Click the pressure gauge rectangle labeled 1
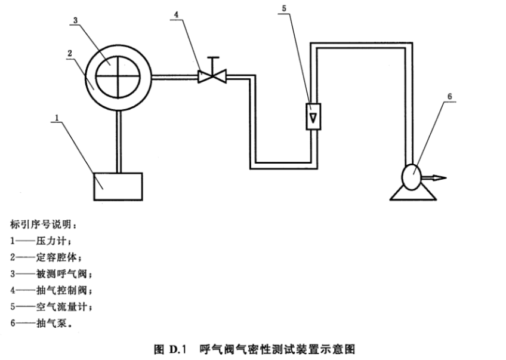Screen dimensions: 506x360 point(118,187)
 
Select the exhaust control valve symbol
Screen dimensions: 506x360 point(212,76)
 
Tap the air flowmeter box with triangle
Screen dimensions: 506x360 point(313,116)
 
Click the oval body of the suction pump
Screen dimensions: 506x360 point(412,177)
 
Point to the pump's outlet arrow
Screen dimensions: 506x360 point(434,177)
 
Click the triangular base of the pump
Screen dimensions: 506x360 point(413,193)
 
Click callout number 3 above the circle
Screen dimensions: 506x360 point(75,20)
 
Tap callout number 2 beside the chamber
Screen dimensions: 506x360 point(70,53)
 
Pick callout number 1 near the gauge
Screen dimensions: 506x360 point(57,118)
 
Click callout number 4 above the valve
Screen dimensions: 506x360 point(176,14)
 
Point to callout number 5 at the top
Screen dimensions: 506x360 point(284,9)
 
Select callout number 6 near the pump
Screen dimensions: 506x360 point(449,96)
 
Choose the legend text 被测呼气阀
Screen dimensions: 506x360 point(61,274)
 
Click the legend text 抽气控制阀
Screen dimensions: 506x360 point(61,290)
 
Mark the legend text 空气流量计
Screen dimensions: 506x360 point(61,306)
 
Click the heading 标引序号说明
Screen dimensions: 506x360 point(41,224)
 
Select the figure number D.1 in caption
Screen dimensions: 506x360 point(177,349)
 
